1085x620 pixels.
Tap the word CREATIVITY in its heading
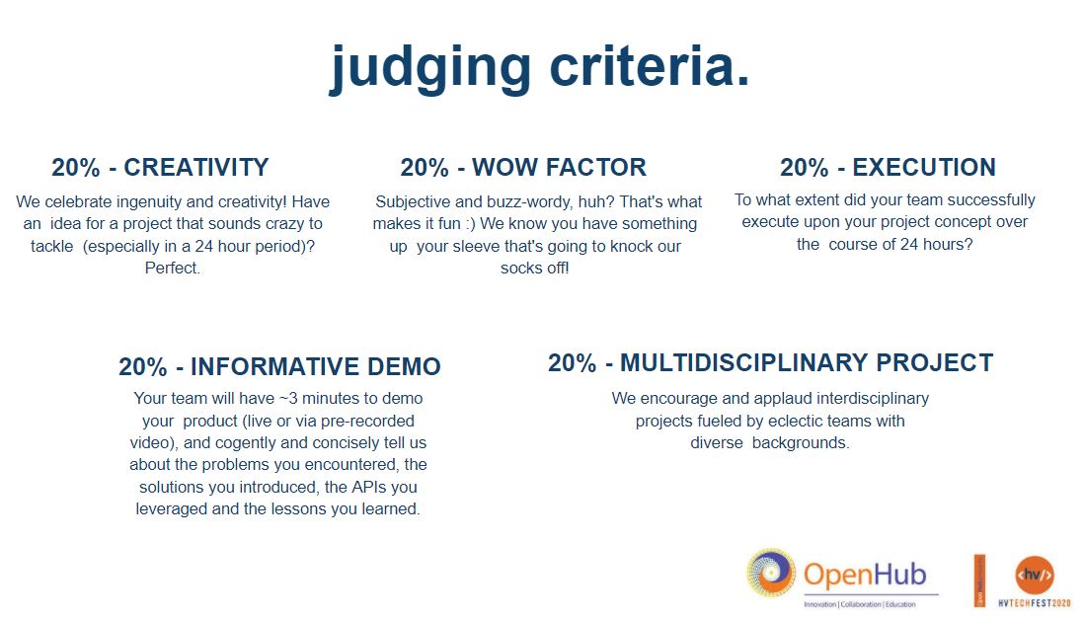pos(196,167)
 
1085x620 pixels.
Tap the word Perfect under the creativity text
pos(171,268)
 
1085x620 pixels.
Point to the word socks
pos(521,268)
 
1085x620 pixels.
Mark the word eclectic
pos(777,421)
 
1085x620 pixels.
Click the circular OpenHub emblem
pos(771,574)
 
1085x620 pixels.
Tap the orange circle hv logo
pos(1035,574)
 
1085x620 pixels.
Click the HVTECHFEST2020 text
pos(1035,601)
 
